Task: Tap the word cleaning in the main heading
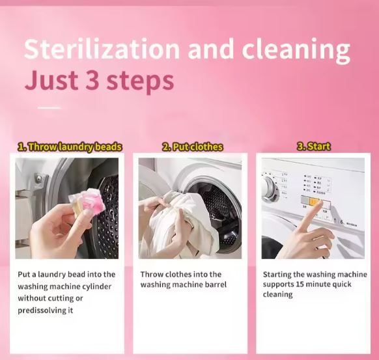tap(297, 51)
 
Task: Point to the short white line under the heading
tap(49, 107)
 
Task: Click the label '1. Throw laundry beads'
tap(69, 147)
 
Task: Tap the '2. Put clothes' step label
tap(192, 147)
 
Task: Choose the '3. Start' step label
tap(314, 147)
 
